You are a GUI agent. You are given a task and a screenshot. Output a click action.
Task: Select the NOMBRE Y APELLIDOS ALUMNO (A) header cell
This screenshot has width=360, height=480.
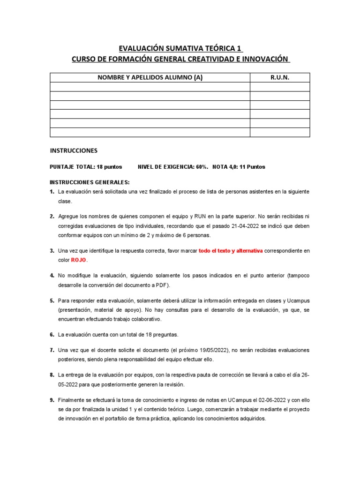coord(150,78)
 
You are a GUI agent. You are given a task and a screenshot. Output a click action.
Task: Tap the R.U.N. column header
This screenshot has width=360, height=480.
coord(280,78)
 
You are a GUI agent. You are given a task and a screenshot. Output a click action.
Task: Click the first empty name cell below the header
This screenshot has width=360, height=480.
coord(150,87)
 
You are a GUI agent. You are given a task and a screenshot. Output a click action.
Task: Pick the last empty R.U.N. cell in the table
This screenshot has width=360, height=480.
coord(280,132)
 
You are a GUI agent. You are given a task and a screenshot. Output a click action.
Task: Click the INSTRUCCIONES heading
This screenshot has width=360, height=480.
coord(74,151)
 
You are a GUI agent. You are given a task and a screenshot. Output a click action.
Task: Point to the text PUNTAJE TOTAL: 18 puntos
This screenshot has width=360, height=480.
coord(86,167)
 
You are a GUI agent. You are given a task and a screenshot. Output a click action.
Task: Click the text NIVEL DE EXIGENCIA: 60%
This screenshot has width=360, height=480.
coord(173,167)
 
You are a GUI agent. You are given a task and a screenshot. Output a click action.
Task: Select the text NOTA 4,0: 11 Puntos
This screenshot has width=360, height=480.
coord(239,167)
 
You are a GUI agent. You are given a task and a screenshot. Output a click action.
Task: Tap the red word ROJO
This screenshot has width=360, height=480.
coord(79,260)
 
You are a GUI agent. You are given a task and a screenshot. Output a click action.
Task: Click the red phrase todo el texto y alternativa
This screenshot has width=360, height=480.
coord(231,251)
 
